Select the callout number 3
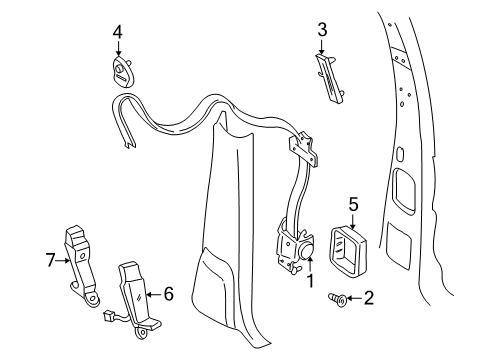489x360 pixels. pos(321,31)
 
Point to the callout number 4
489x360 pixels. pos(117,31)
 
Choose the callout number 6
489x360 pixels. pos(169,294)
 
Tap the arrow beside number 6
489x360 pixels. pos(155,294)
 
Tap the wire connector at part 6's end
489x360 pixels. pos(107,321)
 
